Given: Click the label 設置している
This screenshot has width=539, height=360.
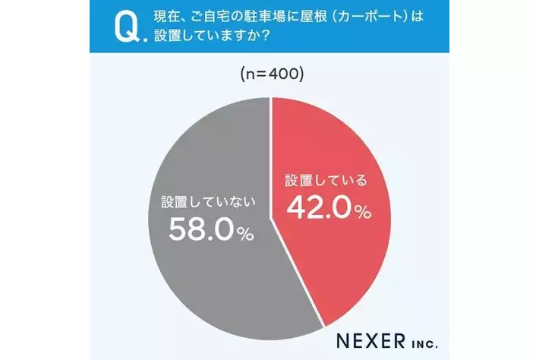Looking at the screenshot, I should coord(326,181).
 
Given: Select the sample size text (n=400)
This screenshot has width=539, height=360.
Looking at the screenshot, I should coord(271,75).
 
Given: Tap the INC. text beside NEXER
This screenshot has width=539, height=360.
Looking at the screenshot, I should coord(421,336).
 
